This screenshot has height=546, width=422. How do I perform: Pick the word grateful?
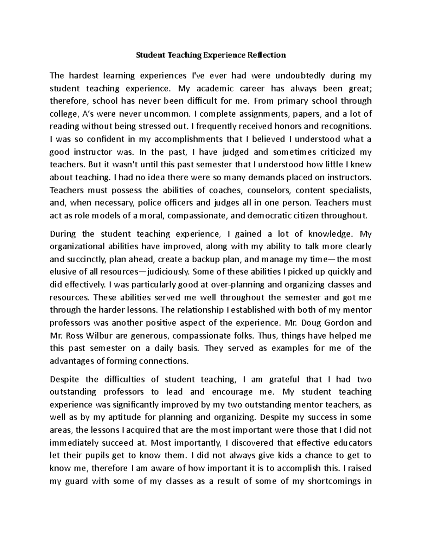pos(284,379)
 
